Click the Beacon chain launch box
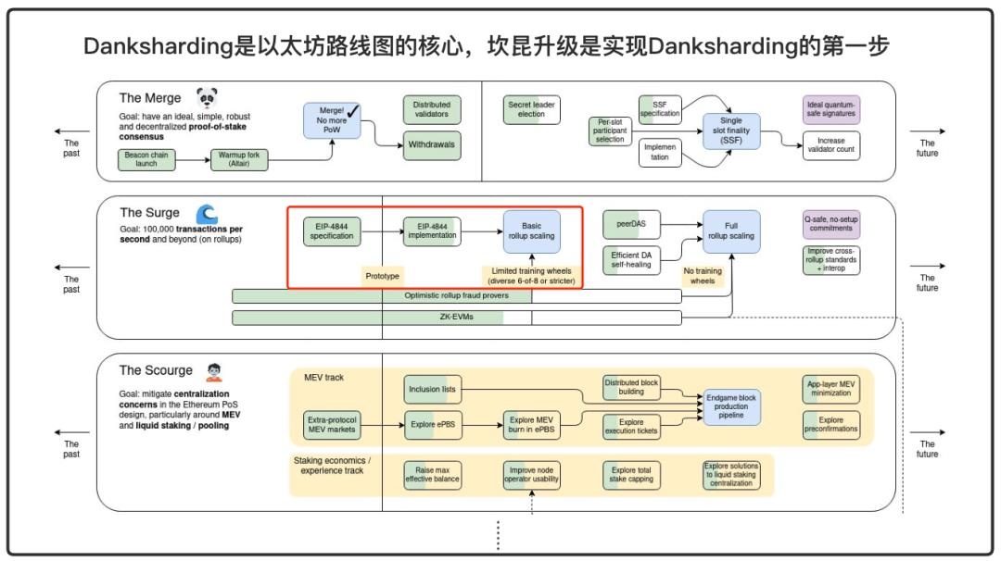[147, 159]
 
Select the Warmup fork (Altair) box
[240, 159]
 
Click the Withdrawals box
[432, 145]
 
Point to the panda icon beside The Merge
[207, 97]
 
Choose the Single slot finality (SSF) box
[731, 131]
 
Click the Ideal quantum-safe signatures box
[831, 110]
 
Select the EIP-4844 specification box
[332, 231]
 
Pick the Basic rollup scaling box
[532, 231]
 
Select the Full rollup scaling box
[731, 231]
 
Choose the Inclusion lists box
[432, 389]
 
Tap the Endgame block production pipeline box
[731, 406]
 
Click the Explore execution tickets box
[631, 427]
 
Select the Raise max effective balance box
[432, 475]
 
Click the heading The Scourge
[156, 370]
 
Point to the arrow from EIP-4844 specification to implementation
[381, 231]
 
